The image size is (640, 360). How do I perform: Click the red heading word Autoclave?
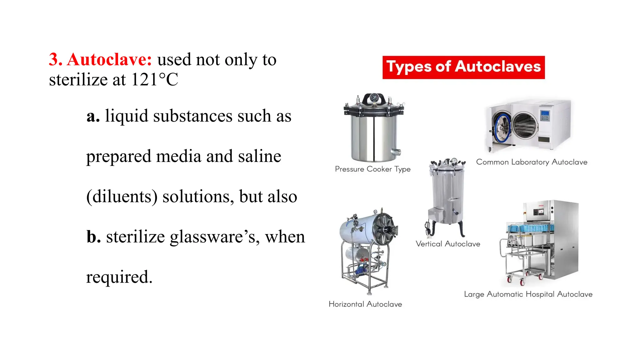point(109,59)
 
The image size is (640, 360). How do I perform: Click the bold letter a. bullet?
point(93,116)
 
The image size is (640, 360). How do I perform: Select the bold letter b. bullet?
point(94,237)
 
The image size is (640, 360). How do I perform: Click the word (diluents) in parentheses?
point(122,197)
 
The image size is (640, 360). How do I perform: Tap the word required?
point(119,277)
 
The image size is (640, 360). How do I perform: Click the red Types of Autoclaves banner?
point(463,67)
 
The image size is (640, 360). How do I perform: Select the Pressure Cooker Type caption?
point(372,169)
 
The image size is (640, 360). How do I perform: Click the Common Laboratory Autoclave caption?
point(532,162)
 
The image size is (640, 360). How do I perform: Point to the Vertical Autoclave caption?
point(448,244)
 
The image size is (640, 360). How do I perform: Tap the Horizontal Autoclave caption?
point(365,304)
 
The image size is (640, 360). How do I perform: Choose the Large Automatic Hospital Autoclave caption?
point(528,294)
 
